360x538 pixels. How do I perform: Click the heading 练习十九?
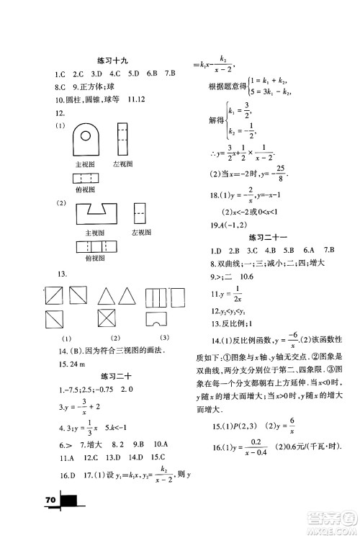(x=116, y=60)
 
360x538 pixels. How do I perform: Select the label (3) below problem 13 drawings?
(x=163, y=338)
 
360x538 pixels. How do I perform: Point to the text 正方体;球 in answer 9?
(x=93, y=86)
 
